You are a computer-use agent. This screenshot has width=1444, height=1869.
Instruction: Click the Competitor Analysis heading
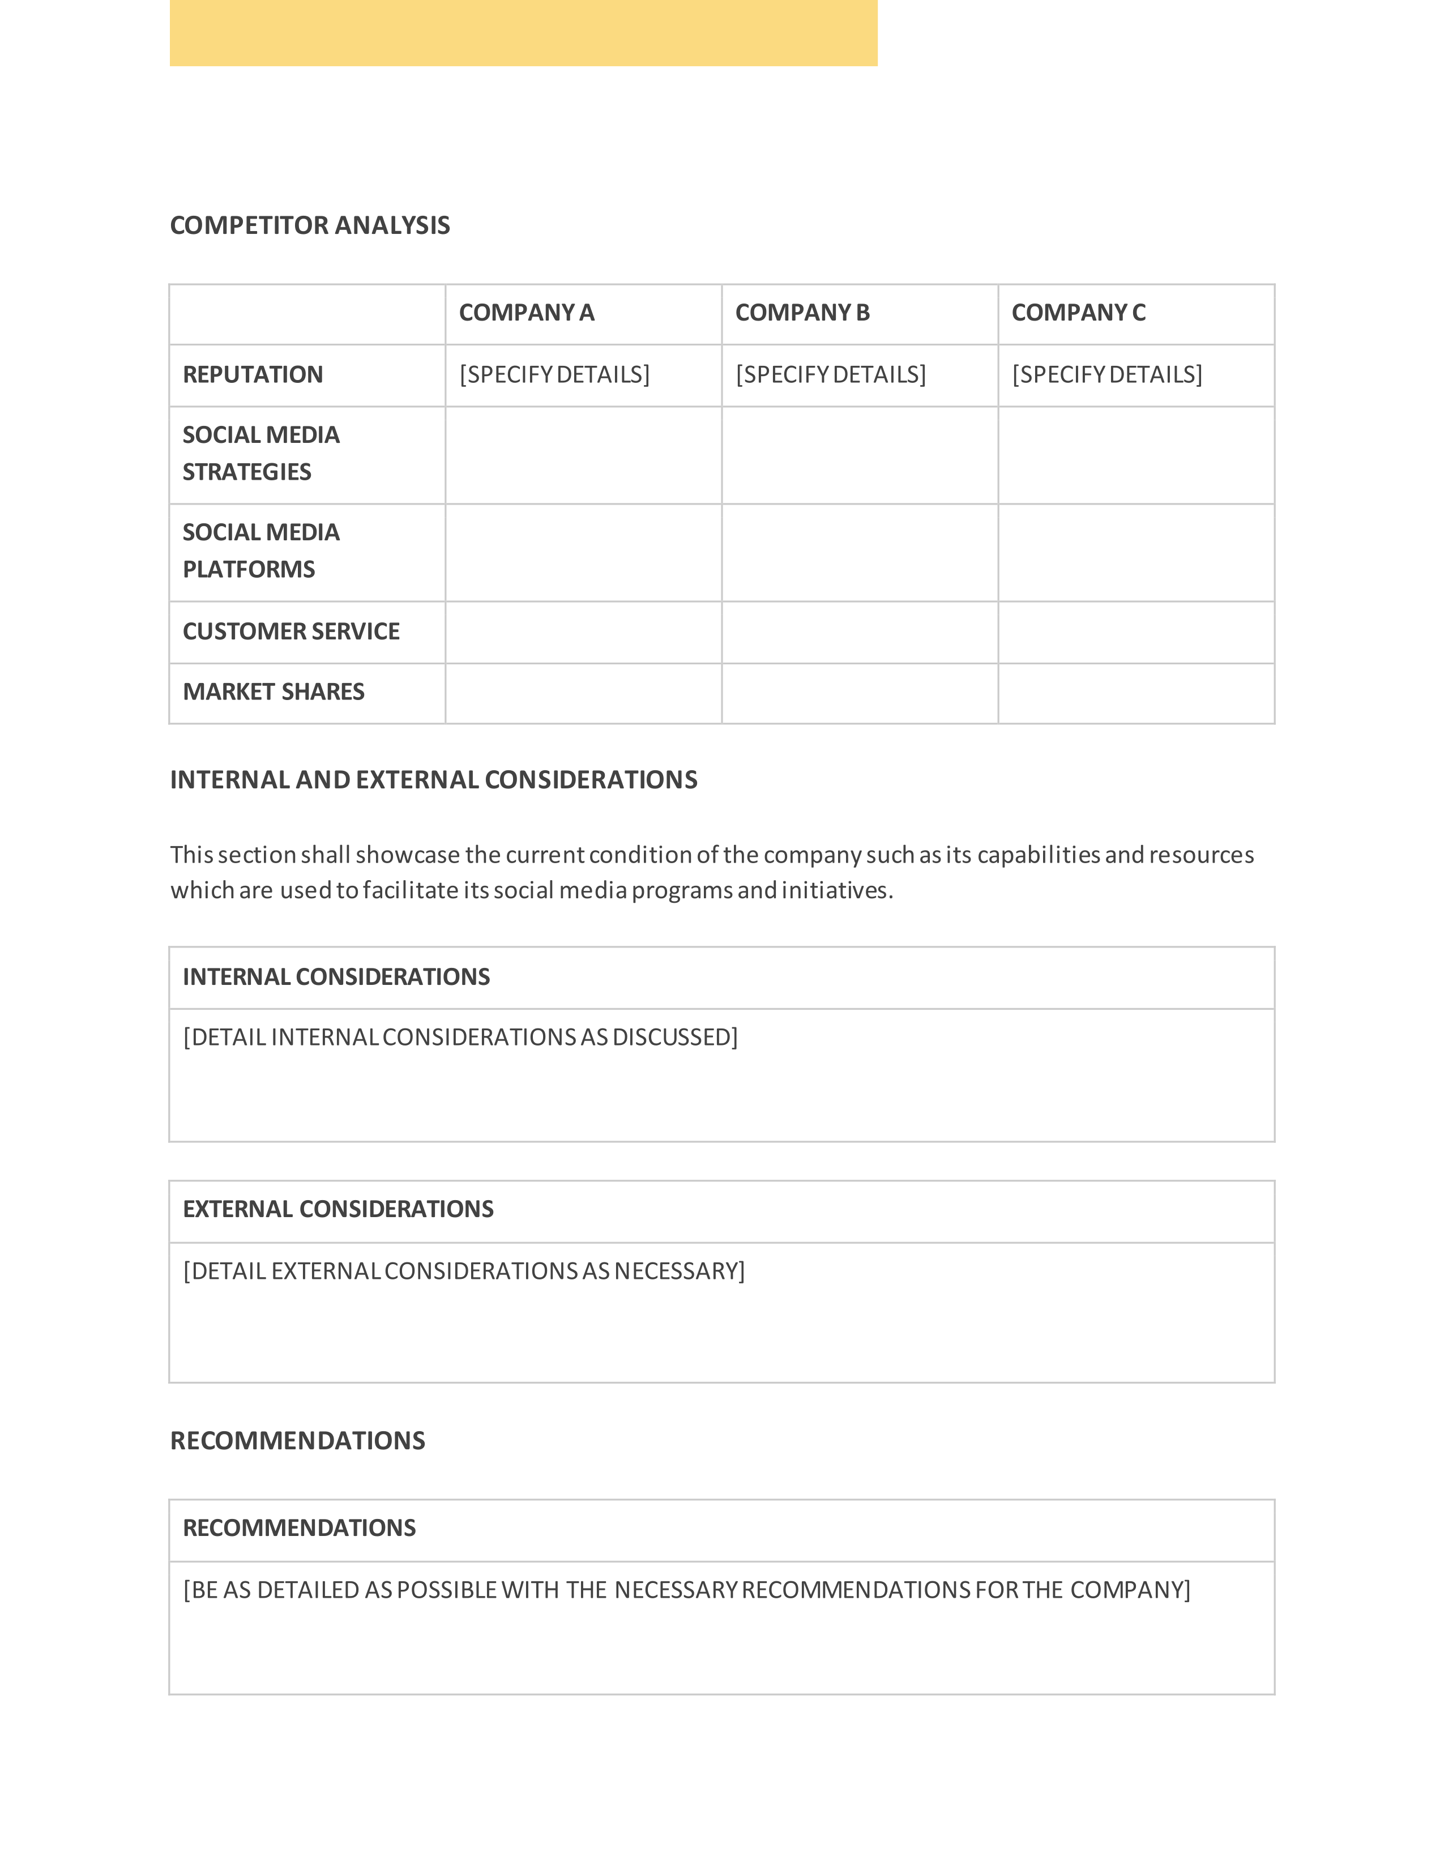click(310, 225)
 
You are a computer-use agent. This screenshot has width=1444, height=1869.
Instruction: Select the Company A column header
click(526, 313)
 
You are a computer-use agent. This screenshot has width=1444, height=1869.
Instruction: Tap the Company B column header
click(801, 313)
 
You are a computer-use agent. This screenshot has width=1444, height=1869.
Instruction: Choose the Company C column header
click(1078, 313)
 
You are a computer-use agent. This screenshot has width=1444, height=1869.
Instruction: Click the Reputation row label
click(253, 375)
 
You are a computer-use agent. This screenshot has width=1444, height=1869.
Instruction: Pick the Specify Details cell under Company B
click(830, 375)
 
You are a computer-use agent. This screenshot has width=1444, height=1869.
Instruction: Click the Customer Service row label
click(291, 631)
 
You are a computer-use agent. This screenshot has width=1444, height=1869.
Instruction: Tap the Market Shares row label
click(273, 692)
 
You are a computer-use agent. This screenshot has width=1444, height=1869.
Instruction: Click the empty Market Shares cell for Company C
click(1135, 693)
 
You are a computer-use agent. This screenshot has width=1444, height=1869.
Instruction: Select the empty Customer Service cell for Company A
click(583, 633)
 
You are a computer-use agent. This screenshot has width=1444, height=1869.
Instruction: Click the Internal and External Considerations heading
click(433, 780)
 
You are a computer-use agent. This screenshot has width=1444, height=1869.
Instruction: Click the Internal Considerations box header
click(336, 978)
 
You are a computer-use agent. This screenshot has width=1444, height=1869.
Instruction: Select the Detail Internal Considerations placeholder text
click(460, 1037)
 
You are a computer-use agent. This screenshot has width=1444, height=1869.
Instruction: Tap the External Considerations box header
click(338, 1209)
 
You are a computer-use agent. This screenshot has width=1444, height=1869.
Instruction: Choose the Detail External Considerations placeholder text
click(464, 1271)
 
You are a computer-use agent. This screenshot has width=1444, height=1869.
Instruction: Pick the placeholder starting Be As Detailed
click(686, 1590)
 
